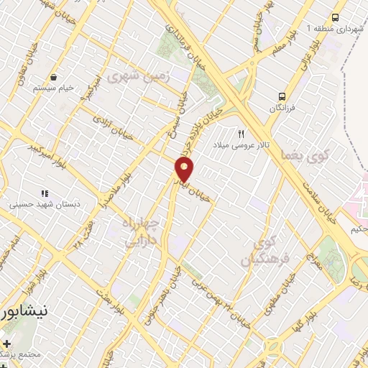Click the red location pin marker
(185, 170)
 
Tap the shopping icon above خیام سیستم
(54, 77)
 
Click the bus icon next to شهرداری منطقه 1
(335, 18)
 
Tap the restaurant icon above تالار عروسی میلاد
(241, 133)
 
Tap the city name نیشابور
(26, 312)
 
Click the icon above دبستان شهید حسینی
(45, 193)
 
